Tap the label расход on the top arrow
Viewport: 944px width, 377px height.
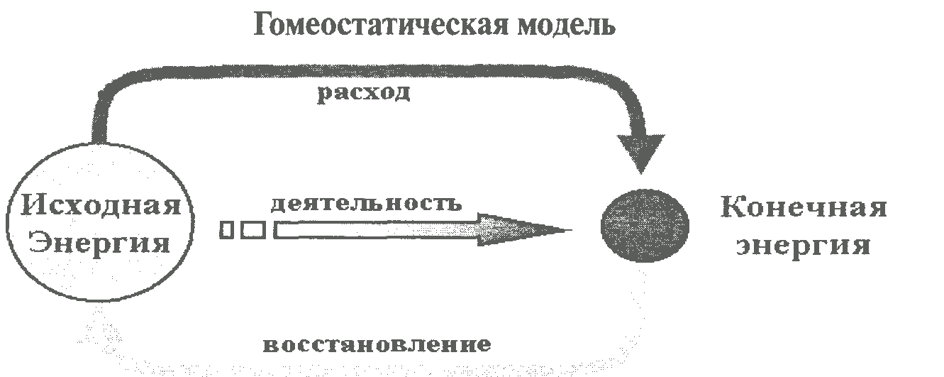(x=363, y=94)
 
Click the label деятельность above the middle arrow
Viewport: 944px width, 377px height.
(x=366, y=203)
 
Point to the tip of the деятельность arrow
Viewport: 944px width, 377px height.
(x=567, y=230)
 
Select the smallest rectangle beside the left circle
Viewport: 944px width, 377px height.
(x=227, y=230)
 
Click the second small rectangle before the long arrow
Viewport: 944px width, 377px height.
(x=253, y=230)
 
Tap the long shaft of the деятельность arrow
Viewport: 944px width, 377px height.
(x=376, y=230)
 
